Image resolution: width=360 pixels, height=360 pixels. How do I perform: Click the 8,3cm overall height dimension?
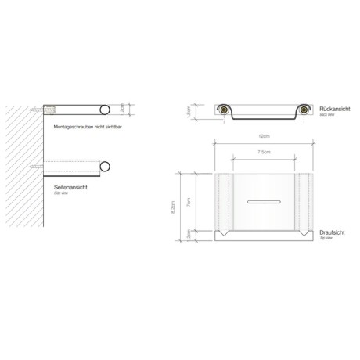[181, 207]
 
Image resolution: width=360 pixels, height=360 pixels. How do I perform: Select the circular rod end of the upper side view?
[103, 110]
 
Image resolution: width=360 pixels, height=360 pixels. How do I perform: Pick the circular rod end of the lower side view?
[103, 166]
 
